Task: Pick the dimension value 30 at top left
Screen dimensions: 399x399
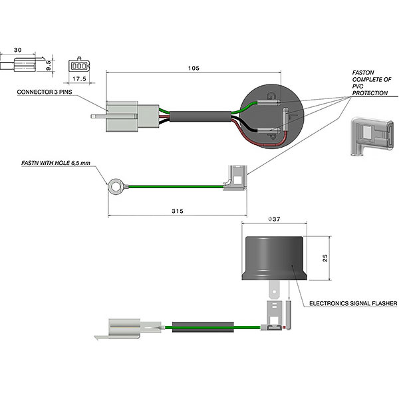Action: pyautogui.click(x=17, y=50)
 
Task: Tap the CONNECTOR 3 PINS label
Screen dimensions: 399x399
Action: pyautogui.click(x=44, y=93)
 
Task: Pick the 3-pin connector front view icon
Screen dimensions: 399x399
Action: pyautogui.click(x=78, y=66)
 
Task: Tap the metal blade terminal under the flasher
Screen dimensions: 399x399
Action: pyautogui.click(x=273, y=290)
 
